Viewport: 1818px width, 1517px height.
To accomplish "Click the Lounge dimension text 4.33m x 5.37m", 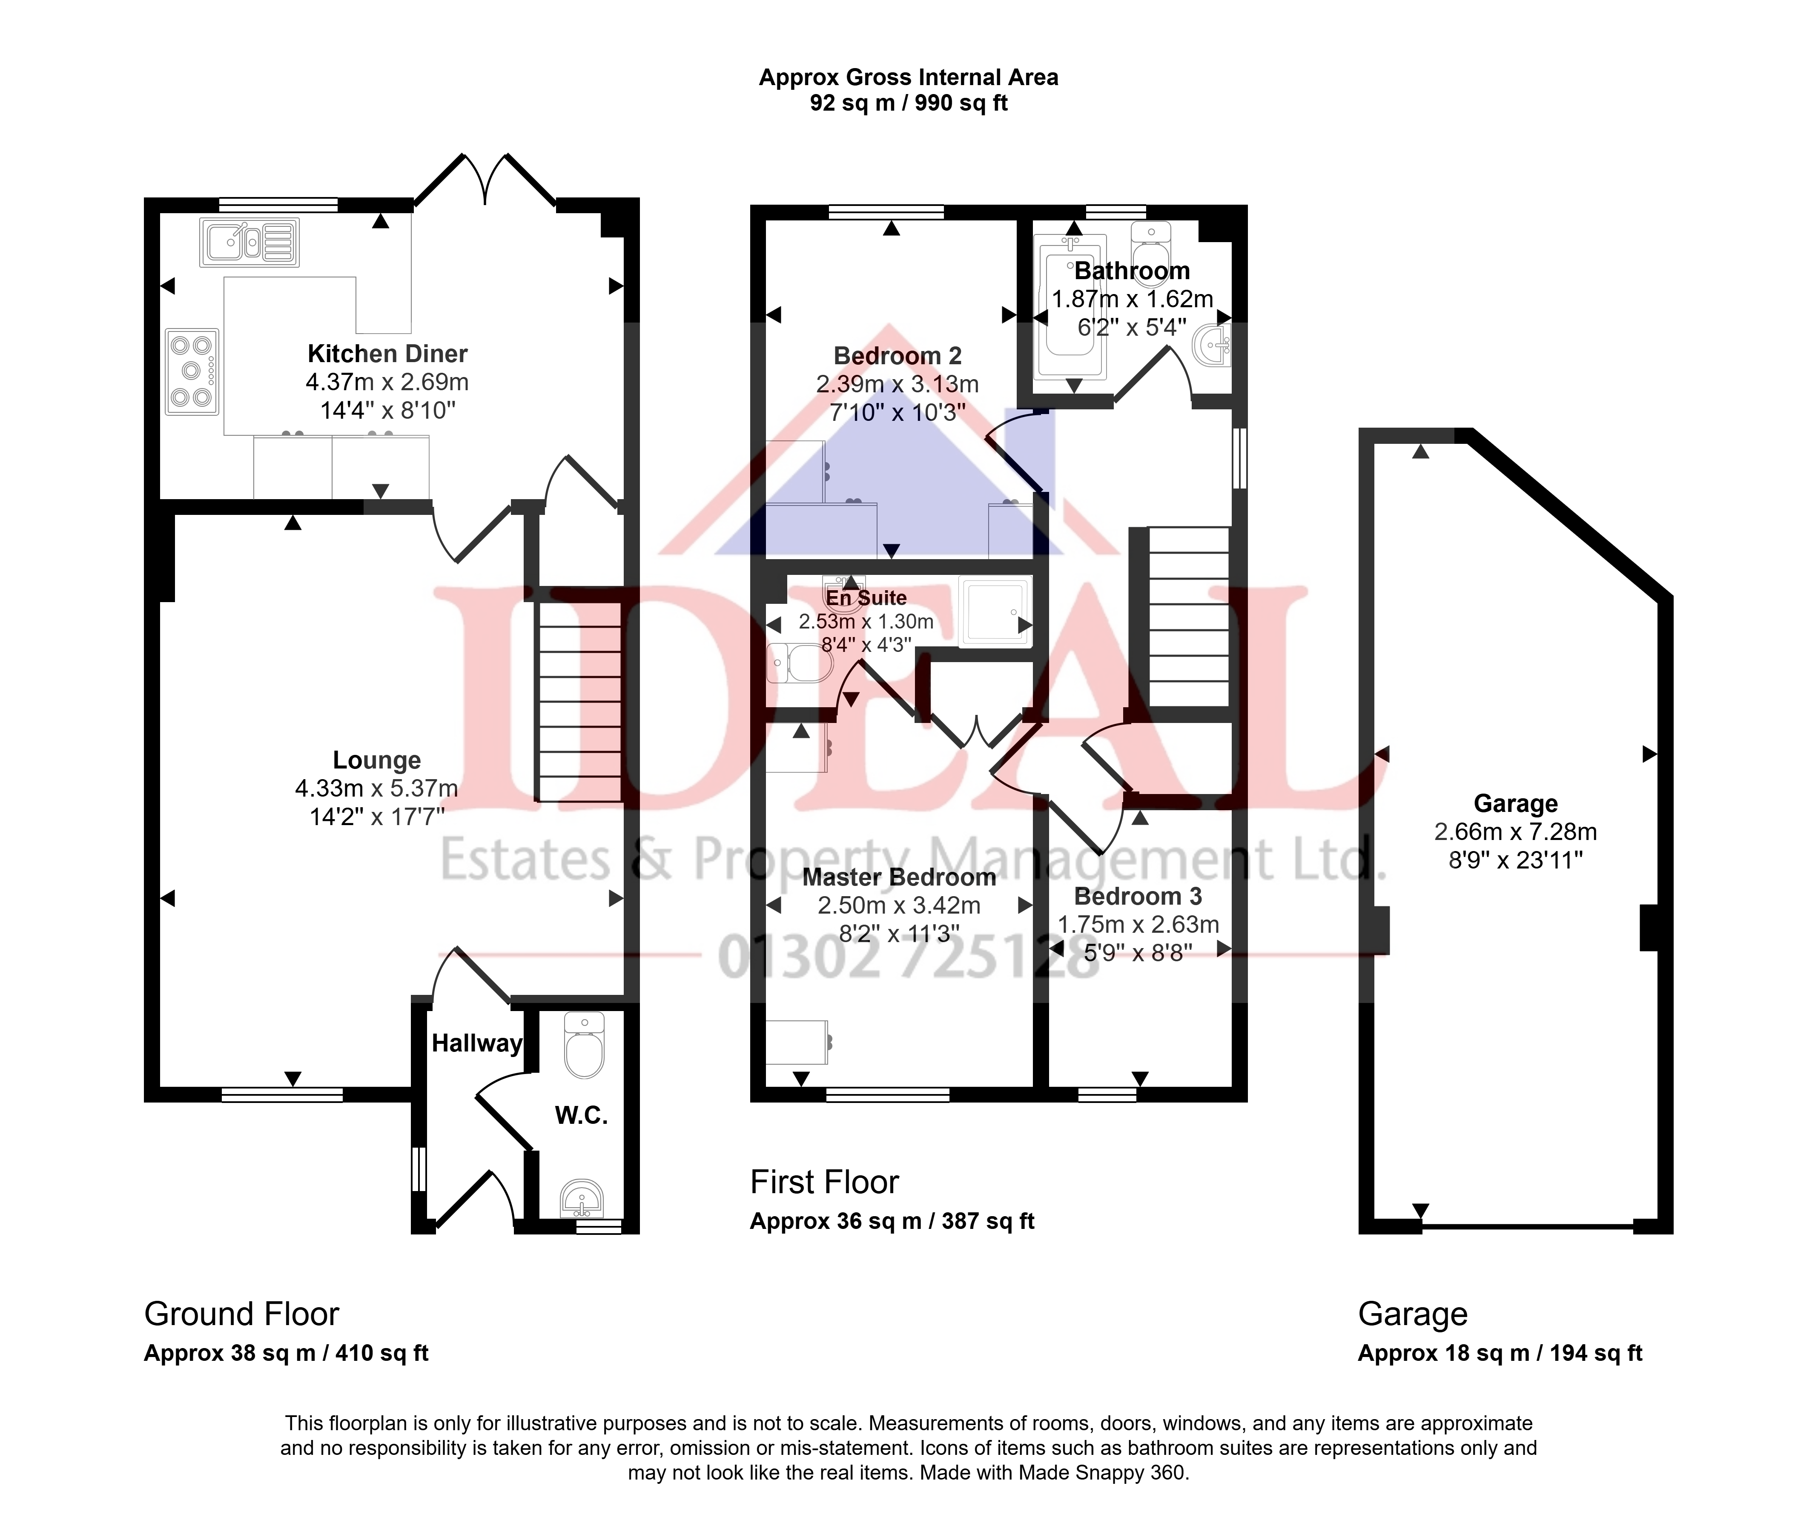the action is pyautogui.click(x=376, y=788).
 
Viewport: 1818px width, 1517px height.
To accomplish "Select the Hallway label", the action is pyautogui.click(x=477, y=1044).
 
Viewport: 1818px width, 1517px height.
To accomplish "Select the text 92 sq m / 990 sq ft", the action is pyautogui.click(x=909, y=104).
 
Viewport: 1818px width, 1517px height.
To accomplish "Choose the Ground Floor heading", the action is pyautogui.click(x=241, y=1314).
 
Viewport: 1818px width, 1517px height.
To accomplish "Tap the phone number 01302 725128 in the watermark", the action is pyautogui.click(x=909, y=958).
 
